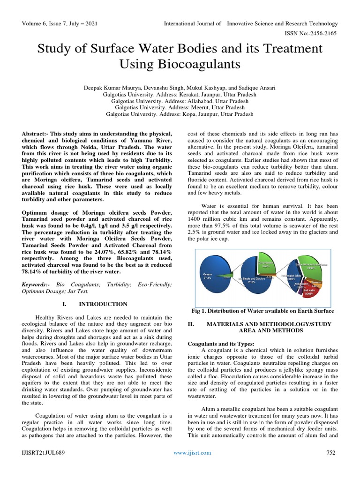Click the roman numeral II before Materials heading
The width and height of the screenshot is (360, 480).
tap(190, 324)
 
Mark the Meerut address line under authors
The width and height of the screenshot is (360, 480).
tap(180, 107)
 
